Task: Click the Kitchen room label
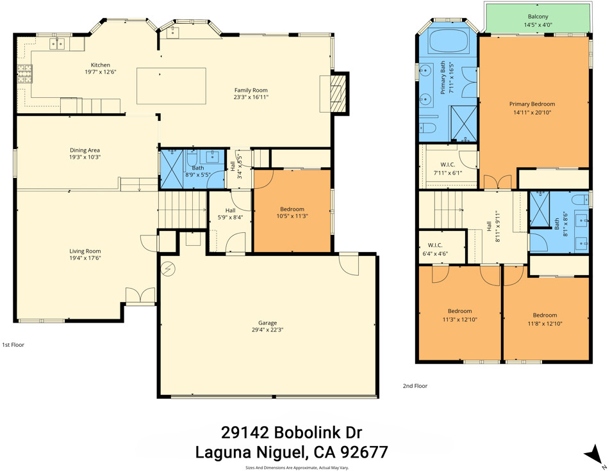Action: pos(101,65)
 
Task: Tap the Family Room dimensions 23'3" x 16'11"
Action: pos(251,97)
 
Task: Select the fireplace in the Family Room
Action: pos(337,93)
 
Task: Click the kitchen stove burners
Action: pos(24,74)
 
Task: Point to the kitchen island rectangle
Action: pos(171,86)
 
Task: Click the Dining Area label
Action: pos(85,150)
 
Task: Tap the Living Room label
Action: pos(85,251)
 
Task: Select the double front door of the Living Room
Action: pos(140,296)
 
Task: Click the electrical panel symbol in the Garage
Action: pos(170,269)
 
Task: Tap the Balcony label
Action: pos(538,17)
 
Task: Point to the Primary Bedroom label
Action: pos(532,104)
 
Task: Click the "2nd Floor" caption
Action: pos(415,386)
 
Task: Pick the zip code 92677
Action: pos(364,452)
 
